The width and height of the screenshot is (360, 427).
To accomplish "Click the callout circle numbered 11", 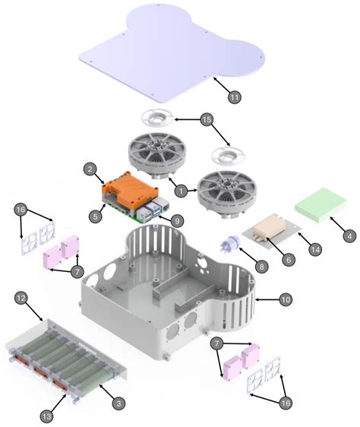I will (x=234, y=96).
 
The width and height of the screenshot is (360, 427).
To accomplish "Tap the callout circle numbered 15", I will (x=206, y=120).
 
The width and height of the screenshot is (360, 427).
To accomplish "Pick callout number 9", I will (x=175, y=220).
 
